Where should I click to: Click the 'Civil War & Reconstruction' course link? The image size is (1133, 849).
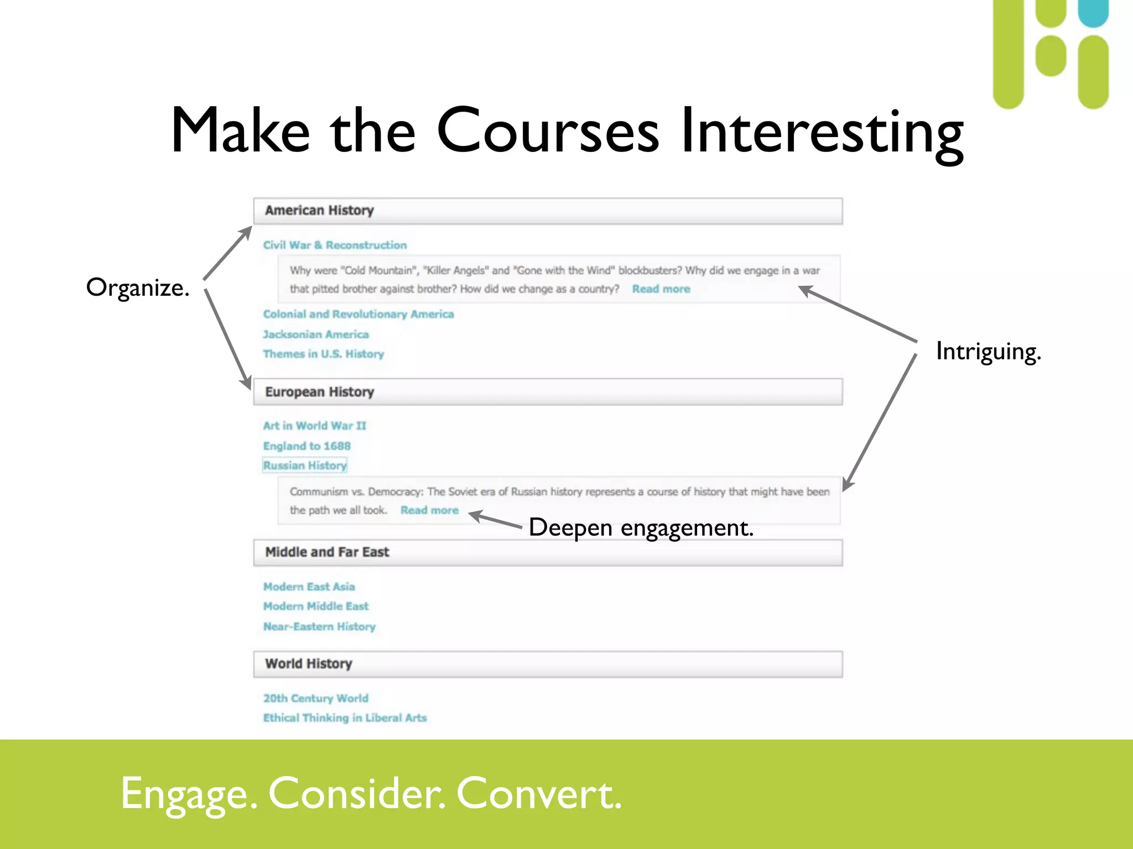tap(335, 245)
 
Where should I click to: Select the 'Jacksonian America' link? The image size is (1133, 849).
tap(316, 334)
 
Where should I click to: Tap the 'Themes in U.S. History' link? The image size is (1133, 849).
tap(323, 354)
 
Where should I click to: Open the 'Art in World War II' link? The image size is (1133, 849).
tap(314, 426)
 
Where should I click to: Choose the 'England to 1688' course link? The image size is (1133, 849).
tap(306, 446)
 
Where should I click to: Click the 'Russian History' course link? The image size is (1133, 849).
tap(305, 465)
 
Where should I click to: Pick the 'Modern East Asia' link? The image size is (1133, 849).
tap(309, 586)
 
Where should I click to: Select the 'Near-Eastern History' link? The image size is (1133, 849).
tap(319, 626)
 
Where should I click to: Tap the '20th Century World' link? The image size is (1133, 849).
tap(315, 698)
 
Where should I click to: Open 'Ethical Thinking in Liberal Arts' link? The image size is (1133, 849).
tap(345, 717)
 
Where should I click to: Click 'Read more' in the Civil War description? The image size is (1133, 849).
tap(661, 289)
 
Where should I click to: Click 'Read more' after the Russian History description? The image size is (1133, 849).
tap(429, 510)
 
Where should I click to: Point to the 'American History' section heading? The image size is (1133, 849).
tap(319, 211)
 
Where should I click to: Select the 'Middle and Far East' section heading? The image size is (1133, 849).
tap(327, 552)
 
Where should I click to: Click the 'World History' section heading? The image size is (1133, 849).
tap(308, 664)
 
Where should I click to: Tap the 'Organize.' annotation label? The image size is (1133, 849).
tap(138, 288)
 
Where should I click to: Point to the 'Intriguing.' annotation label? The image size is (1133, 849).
tap(988, 352)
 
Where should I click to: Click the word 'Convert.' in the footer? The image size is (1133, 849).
tap(539, 794)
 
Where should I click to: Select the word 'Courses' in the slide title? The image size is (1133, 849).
tap(548, 131)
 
